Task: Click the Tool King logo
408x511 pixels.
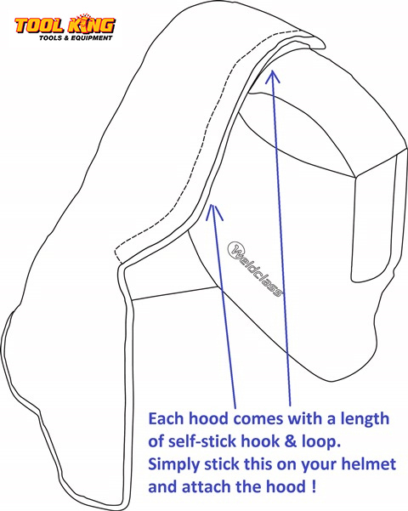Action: pos(65,27)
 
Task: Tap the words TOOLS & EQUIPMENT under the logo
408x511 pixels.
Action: pos(76,38)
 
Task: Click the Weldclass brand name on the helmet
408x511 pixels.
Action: pos(255,269)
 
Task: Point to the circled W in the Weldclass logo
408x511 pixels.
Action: pos(235,249)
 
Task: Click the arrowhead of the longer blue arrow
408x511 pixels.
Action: pos(273,77)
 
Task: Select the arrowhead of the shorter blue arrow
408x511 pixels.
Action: pos(214,213)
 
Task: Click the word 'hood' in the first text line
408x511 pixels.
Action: pos(208,418)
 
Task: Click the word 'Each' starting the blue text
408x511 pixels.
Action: pos(166,418)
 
